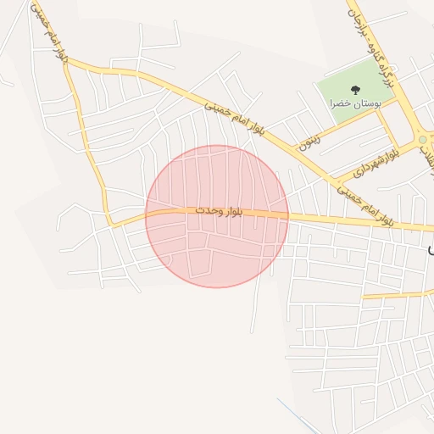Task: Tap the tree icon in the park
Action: point(354,88)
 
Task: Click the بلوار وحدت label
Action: point(219,209)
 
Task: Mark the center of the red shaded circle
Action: point(217,216)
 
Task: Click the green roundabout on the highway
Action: point(422,140)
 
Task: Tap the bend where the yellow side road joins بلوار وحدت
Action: point(109,224)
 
